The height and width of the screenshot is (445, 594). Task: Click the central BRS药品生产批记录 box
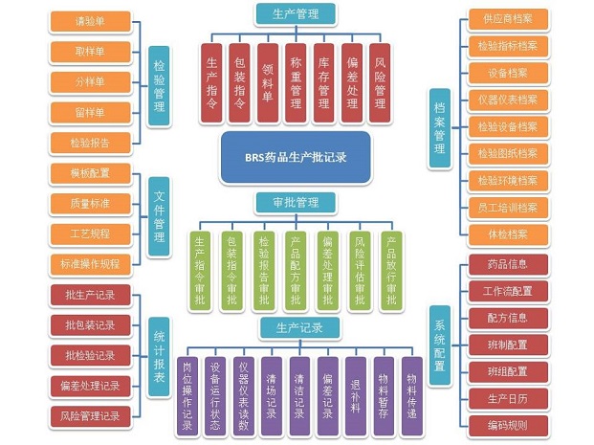pyautogui.click(x=296, y=158)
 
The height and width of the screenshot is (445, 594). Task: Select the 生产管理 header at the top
pyautogui.click(x=297, y=13)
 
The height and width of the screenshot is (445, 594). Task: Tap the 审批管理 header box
pyautogui.click(x=296, y=202)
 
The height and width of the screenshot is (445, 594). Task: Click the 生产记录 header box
pyautogui.click(x=296, y=328)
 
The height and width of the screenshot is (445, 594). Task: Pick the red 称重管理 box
pyautogui.click(x=297, y=82)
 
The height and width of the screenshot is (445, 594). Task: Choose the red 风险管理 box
pyautogui.click(x=380, y=82)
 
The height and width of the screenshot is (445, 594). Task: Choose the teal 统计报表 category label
pyautogui.click(x=158, y=353)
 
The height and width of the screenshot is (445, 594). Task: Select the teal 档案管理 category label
pyautogui.click(x=439, y=122)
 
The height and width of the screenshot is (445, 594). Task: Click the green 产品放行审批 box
pyautogui.click(x=390, y=271)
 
